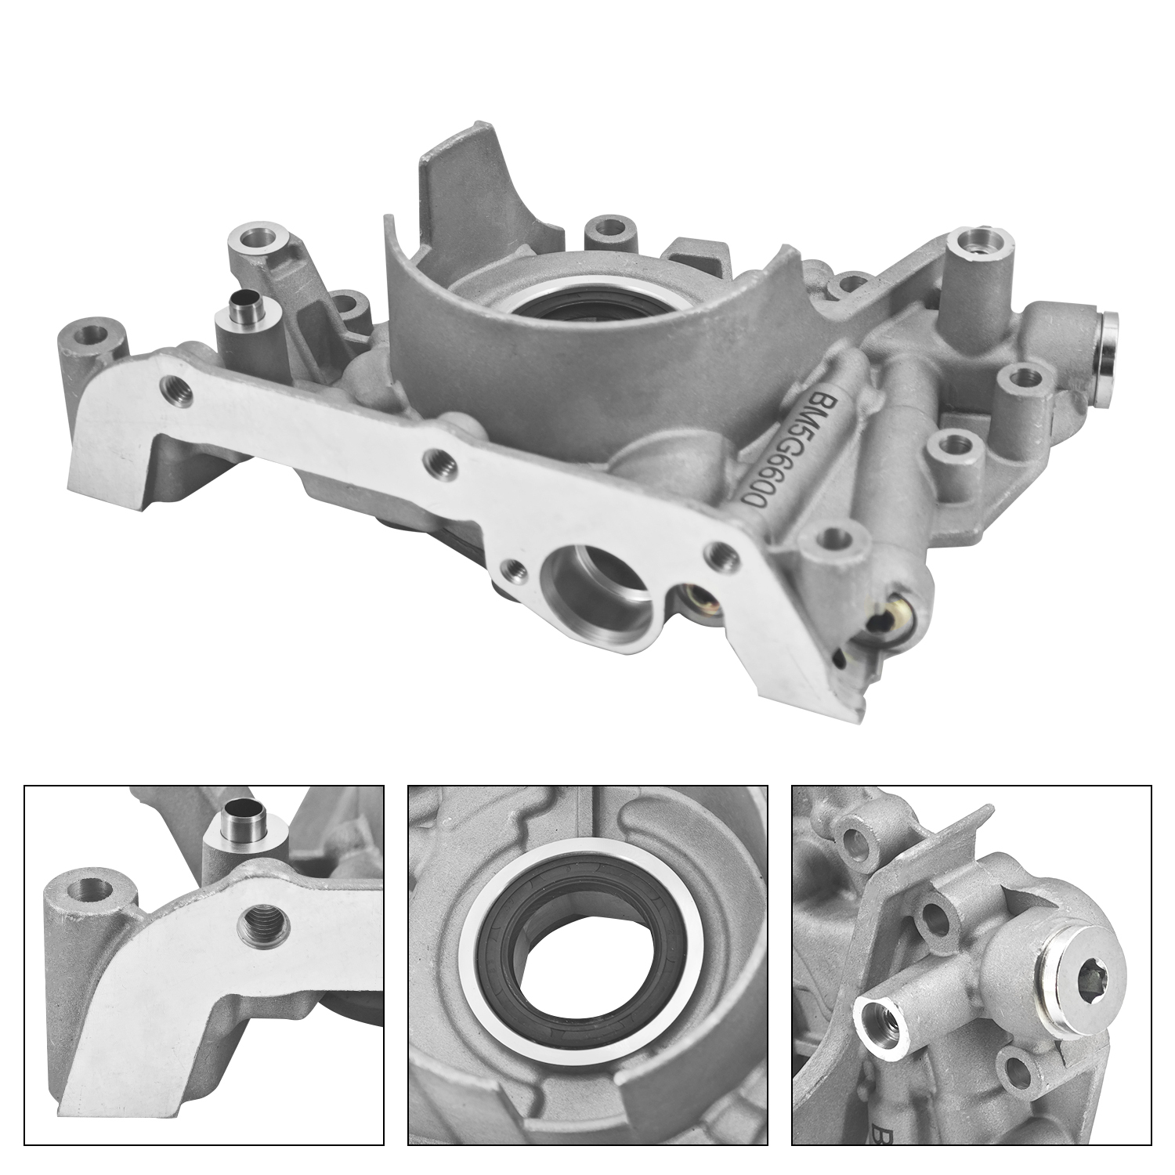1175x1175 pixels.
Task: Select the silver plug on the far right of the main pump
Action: point(1109,343)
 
